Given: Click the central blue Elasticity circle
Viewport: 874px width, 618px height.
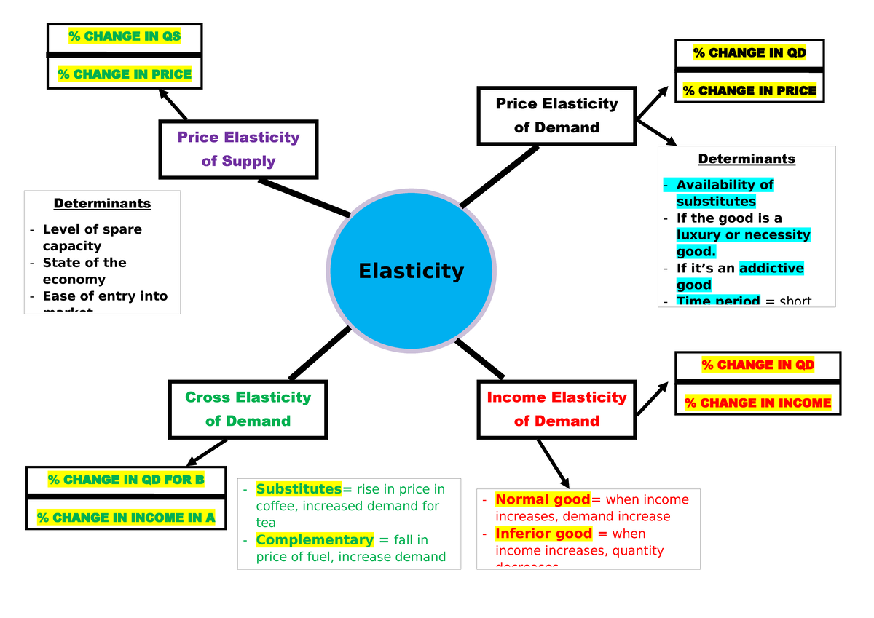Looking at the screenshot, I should tap(412, 272).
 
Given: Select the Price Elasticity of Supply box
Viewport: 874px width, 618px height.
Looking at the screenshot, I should tap(238, 149).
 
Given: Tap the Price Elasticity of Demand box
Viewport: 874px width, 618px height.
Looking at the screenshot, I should tap(556, 116).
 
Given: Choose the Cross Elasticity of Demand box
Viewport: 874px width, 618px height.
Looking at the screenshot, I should tap(248, 409).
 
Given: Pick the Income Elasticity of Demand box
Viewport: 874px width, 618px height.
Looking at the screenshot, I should tap(556, 409).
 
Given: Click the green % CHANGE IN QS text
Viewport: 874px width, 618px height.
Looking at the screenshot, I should tap(124, 36).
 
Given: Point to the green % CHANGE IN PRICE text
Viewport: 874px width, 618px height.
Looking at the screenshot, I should tap(125, 74).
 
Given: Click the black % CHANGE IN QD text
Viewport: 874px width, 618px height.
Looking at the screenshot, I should tap(749, 52).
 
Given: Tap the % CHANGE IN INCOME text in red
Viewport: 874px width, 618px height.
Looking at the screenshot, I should tap(757, 403).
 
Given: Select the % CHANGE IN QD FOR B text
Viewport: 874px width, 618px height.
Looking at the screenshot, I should tap(126, 480).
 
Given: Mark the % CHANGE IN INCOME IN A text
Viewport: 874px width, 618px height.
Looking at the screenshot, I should tap(126, 518).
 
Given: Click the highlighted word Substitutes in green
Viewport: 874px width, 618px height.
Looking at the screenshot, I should tap(299, 488).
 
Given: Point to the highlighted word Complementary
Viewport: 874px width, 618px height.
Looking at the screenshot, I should tap(315, 539).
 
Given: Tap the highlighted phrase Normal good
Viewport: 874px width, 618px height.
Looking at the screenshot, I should tap(543, 499).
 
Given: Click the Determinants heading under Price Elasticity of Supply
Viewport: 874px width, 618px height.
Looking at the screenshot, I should tap(102, 203).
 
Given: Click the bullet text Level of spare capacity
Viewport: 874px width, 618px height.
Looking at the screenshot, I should tap(92, 237).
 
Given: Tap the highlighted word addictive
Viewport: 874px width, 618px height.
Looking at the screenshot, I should tap(771, 268).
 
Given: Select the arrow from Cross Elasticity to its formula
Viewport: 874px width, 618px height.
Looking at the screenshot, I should tap(208, 452).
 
